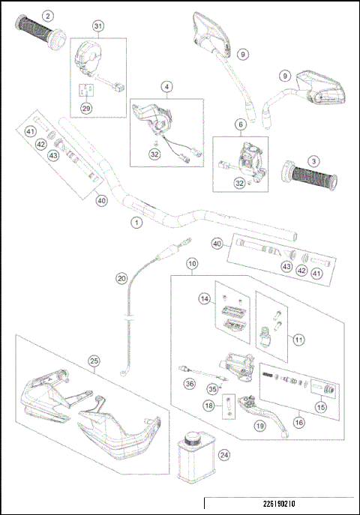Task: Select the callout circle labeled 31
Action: pyautogui.click(x=97, y=26)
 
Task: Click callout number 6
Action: pyautogui.click(x=241, y=124)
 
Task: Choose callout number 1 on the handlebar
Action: pyautogui.click(x=136, y=222)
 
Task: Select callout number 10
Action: pyautogui.click(x=193, y=264)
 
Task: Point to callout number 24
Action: pyautogui.click(x=223, y=454)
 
